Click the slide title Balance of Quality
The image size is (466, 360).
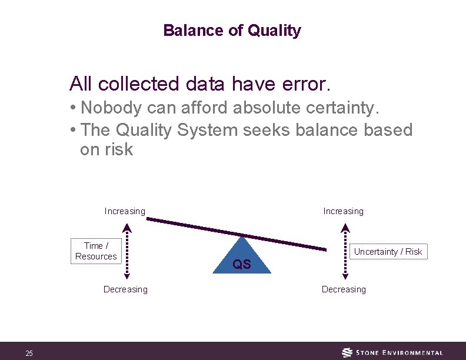[232, 31]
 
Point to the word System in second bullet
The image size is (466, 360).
[202, 129]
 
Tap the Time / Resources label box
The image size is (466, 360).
[96, 251]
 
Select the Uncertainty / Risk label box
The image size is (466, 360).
[388, 252]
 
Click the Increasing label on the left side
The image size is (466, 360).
[125, 211]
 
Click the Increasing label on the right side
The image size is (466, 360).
[343, 211]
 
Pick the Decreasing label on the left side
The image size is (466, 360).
[125, 289]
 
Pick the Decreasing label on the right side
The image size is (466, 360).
[344, 289]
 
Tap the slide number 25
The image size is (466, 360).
[29, 353]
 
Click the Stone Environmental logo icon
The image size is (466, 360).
[348, 352]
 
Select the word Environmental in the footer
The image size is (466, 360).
[412, 353]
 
